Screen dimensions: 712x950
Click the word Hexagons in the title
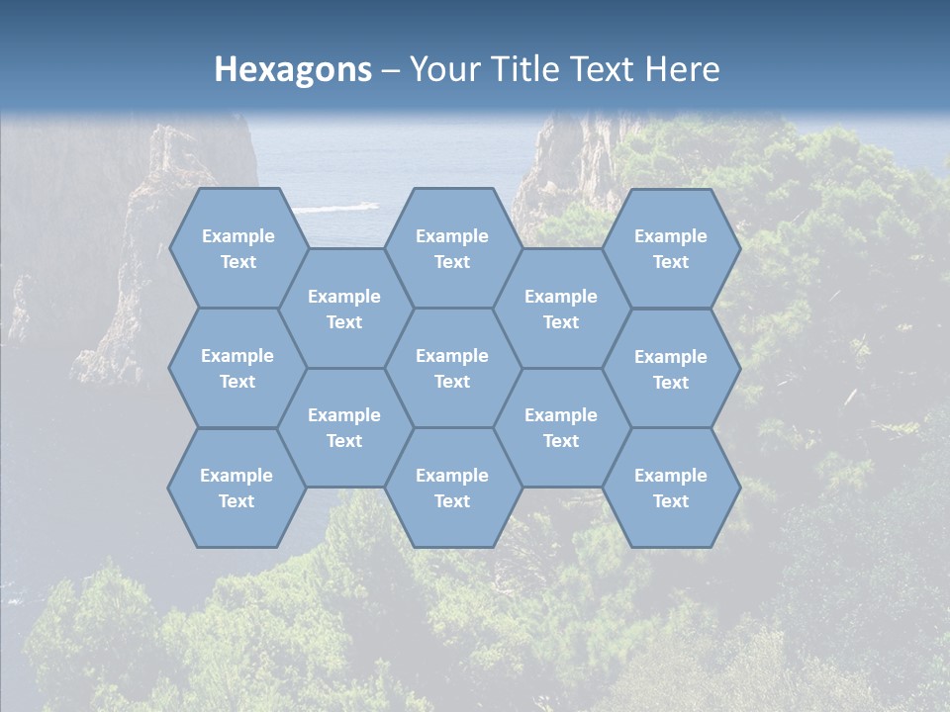click(293, 69)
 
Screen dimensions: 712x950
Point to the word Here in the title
click(683, 69)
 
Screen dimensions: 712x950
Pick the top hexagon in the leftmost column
click(237, 248)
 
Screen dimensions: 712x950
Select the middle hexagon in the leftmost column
click(237, 368)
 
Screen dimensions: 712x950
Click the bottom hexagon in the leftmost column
click(237, 488)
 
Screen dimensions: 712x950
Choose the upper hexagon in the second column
click(344, 309)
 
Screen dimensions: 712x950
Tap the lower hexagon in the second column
click(344, 427)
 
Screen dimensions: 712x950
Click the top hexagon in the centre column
click(452, 248)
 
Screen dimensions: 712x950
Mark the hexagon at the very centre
click(452, 368)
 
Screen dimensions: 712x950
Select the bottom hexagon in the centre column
click(452, 488)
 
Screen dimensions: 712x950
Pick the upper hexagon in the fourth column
click(561, 309)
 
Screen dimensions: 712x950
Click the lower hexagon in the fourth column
click(561, 427)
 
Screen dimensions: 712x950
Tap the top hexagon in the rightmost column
click(671, 248)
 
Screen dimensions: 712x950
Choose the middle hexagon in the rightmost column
click(671, 369)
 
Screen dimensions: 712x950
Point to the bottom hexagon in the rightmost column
click(671, 488)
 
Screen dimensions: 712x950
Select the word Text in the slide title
click(606, 69)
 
